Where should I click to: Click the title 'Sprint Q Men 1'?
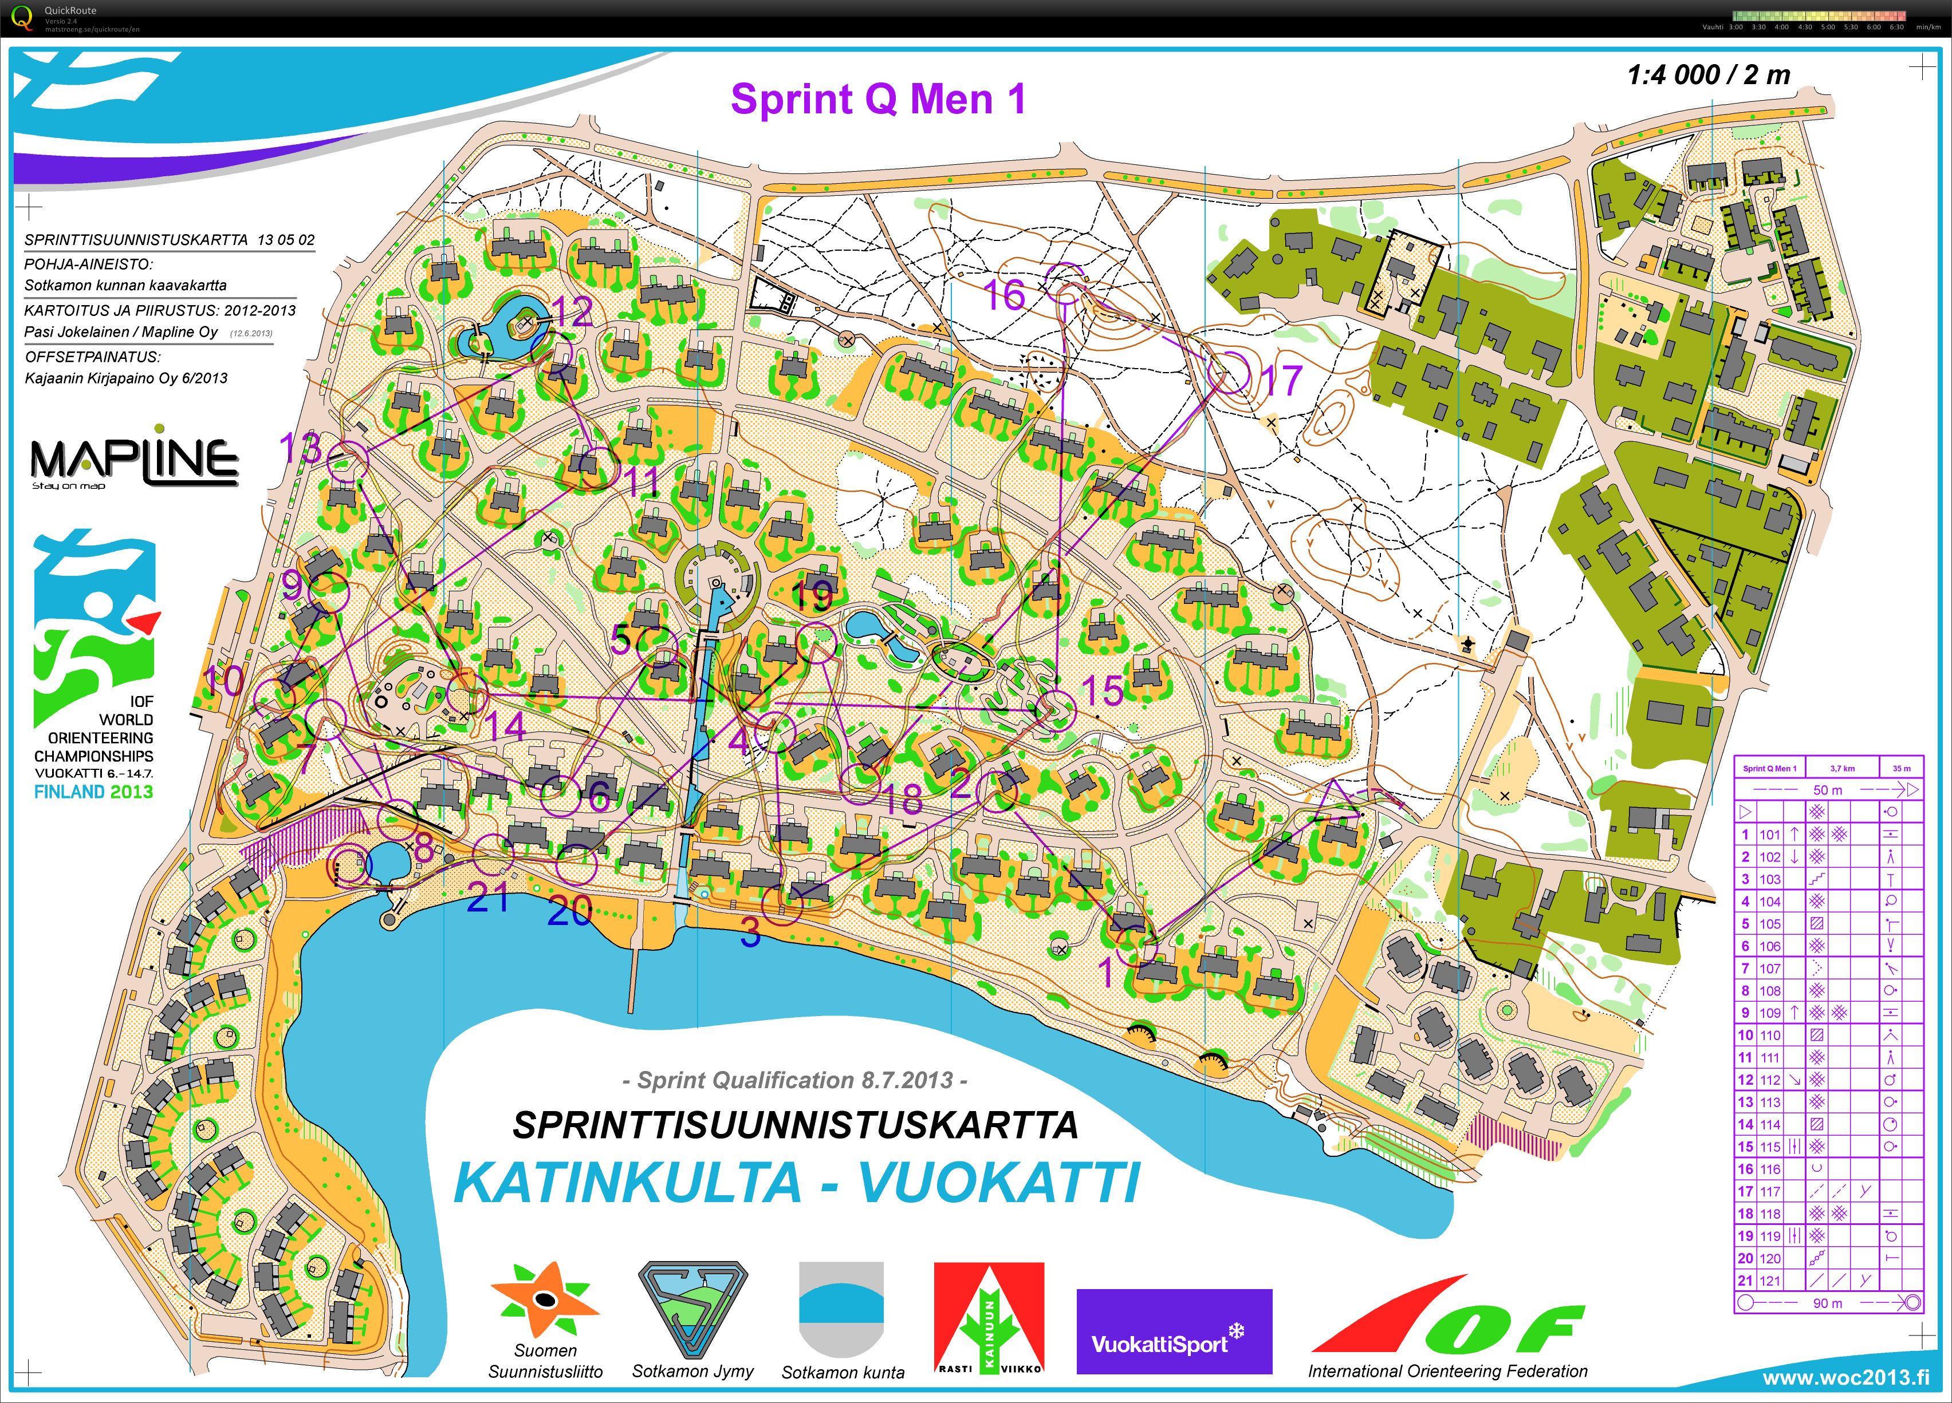[x=878, y=99]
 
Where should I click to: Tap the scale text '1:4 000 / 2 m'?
[x=1709, y=75]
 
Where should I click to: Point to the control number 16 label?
[x=1005, y=295]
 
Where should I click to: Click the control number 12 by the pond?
[x=573, y=311]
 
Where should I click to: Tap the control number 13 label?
[x=300, y=447]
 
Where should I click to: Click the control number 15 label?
[x=1103, y=690]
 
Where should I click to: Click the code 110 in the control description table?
[x=1769, y=1035]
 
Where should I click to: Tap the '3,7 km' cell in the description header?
[x=1842, y=768]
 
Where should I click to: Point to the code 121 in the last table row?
[x=1769, y=1280]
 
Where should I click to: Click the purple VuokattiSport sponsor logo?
[x=1174, y=1331]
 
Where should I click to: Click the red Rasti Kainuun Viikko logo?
[x=989, y=1318]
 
